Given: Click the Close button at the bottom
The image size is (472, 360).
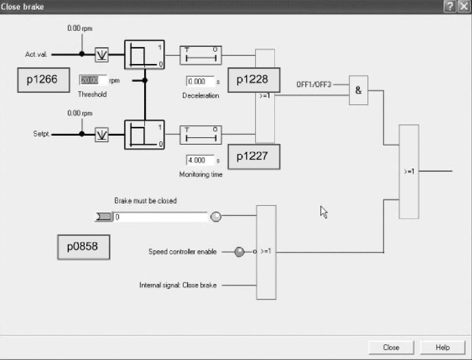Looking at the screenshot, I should coord(391,347).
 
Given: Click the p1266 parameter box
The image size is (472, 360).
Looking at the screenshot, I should coord(42,80).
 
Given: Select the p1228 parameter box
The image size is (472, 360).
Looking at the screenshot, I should coord(253,80).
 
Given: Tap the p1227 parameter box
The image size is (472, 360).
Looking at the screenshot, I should coord(253,157).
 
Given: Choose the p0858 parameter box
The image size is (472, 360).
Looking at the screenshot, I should coord(83,247).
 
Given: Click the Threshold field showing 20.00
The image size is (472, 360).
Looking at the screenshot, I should coord(93,81).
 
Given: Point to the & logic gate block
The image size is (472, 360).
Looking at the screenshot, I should coord(358,90).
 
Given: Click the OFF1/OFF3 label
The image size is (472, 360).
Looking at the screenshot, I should coord(313,85).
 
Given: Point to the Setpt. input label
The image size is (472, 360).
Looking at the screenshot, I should coord(41,134).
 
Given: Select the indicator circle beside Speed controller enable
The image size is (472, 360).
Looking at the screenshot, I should coord(239,252).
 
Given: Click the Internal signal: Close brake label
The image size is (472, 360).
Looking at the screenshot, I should coord(178,285).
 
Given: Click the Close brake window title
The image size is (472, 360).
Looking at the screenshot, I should coord(23,7).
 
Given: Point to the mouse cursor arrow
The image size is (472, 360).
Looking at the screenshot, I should coord(324,212).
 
